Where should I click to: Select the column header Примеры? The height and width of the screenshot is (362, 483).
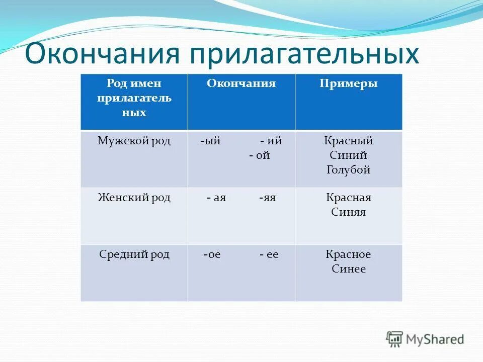[x=348, y=84]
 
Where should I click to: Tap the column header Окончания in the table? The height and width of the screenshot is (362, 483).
[x=241, y=84]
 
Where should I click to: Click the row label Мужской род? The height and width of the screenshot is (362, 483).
[x=134, y=141]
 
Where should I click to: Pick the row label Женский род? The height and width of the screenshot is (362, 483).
[x=134, y=198]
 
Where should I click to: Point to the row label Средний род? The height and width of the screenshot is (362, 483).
[x=134, y=255]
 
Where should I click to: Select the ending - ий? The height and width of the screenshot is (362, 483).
[x=271, y=141]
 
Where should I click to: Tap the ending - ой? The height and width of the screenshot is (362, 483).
[x=259, y=156]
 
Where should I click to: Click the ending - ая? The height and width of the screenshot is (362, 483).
[x=216, y=198]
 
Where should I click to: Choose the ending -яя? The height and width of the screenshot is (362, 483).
[x=268, y=198]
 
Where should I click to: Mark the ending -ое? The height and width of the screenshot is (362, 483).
[x=212, y=255]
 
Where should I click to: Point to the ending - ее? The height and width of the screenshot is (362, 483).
[x=269, y=255]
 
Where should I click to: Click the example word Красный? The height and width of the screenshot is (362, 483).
[x=348, y=141]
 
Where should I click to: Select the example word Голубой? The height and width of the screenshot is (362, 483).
[x=348, y=170]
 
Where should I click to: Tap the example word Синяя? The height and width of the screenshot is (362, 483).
[x=348, y=212]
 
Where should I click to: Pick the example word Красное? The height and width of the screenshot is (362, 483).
[x=348, y=255]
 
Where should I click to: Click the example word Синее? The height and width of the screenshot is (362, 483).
[x=348, y=269]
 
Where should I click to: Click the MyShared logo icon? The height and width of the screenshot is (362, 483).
[x=395, y=339]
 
